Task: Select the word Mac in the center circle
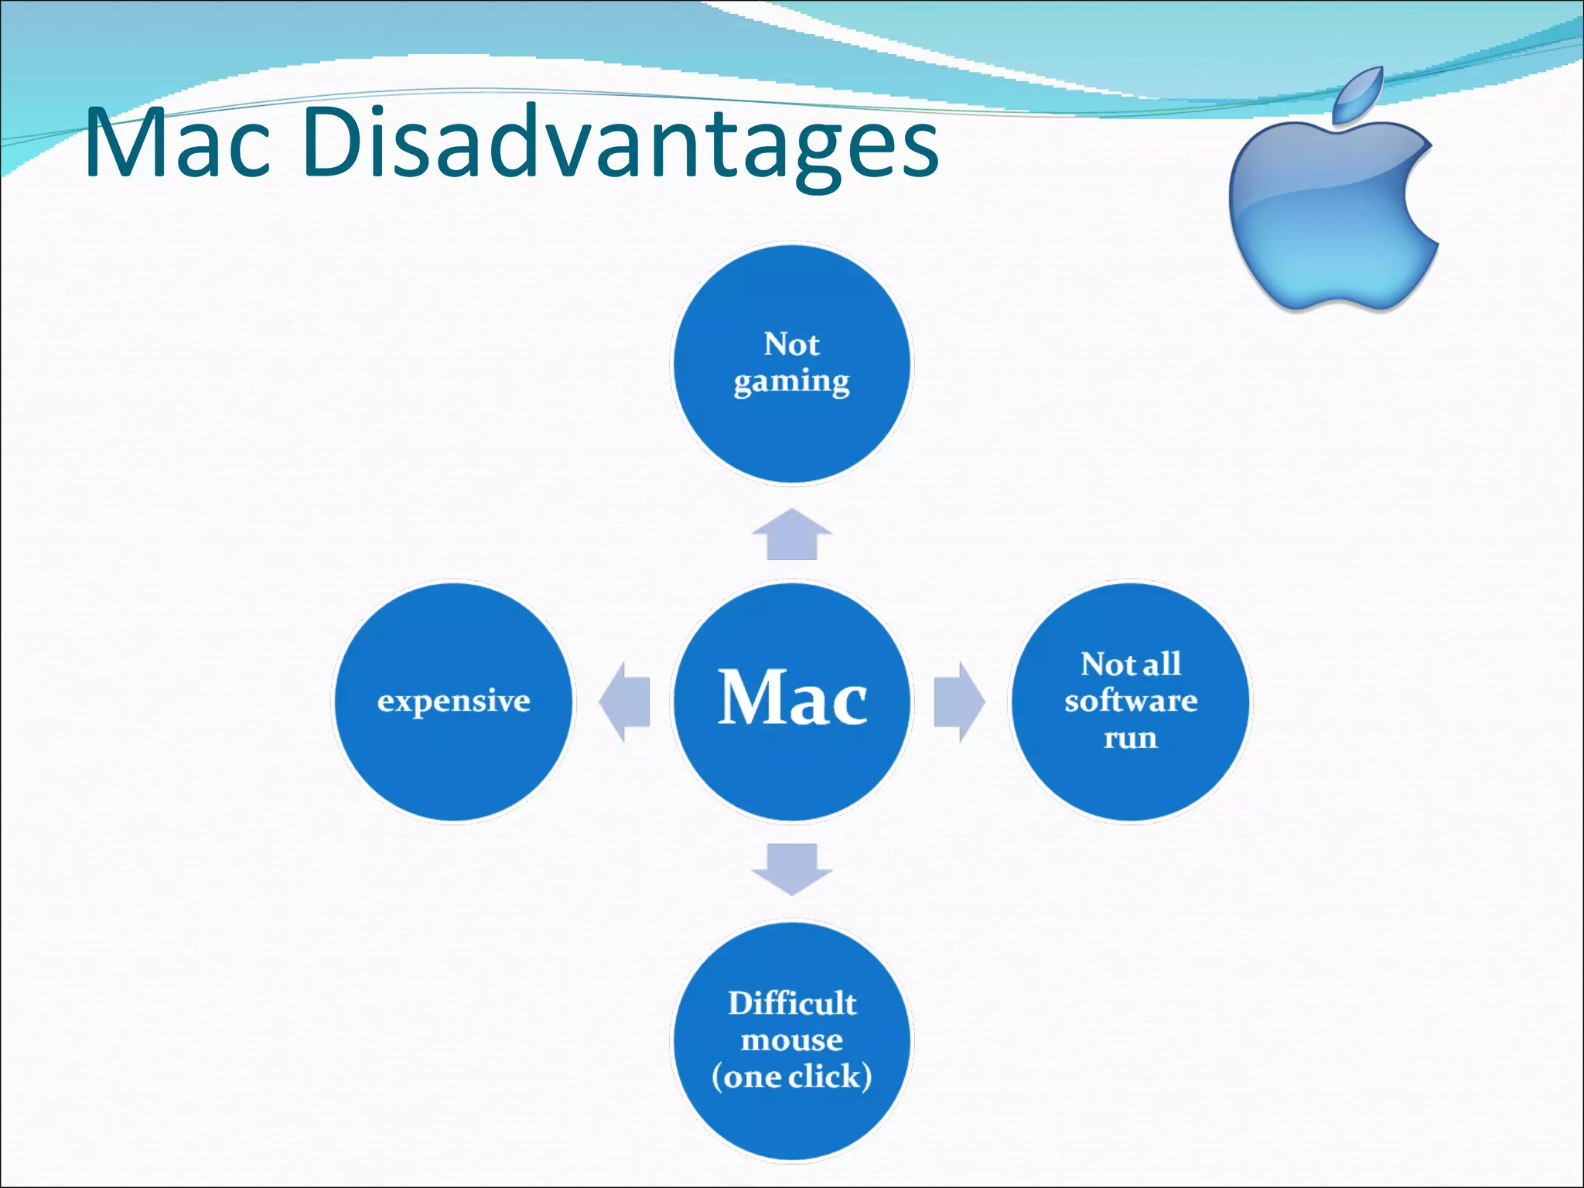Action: (792, 698)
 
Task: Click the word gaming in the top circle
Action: (791, 382)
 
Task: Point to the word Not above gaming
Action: (791, 344)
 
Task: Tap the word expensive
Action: (454, 702)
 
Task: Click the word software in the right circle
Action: (1130, 701)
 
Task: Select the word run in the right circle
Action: (1130, 738)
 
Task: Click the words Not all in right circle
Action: (1130, 664)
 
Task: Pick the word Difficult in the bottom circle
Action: (792, 1003)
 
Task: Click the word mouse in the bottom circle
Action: (791, 1040)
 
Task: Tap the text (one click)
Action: (791, 1077)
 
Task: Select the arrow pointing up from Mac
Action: (792, 535)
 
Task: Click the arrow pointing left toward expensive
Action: (626, 702)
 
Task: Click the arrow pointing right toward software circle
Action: (958, 702)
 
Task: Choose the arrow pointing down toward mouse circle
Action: (792, 869)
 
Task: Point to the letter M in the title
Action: (124, 144)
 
